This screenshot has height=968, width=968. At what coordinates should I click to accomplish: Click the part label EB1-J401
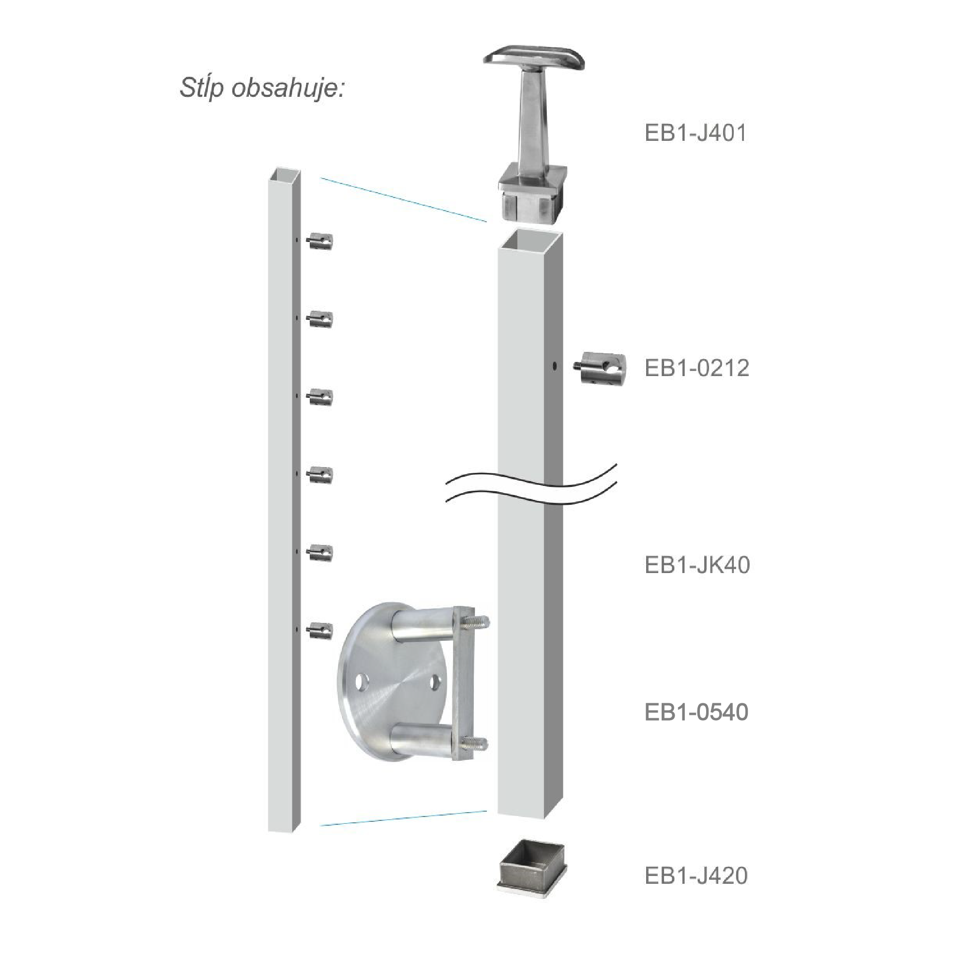coord(696,133)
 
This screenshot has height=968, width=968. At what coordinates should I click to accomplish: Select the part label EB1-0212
coord(697,368)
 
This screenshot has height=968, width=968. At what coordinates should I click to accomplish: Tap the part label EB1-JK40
coord(697,565)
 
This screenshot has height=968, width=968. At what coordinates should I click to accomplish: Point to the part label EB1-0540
coord(696,711)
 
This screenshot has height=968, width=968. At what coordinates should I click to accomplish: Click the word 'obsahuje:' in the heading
coord(288,89)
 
